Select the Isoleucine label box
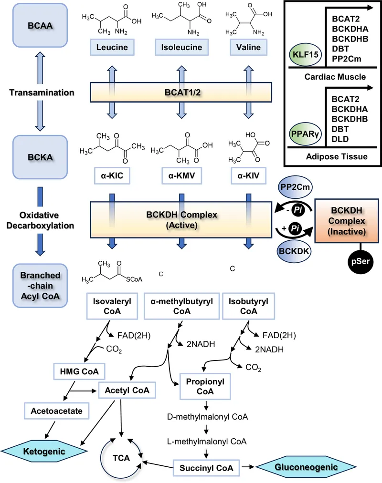click(x=180, y=48)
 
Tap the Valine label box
click(x=248, y=48)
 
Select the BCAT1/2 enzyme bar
click(x=181, y=92)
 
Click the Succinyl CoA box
click(x=206, y=468)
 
